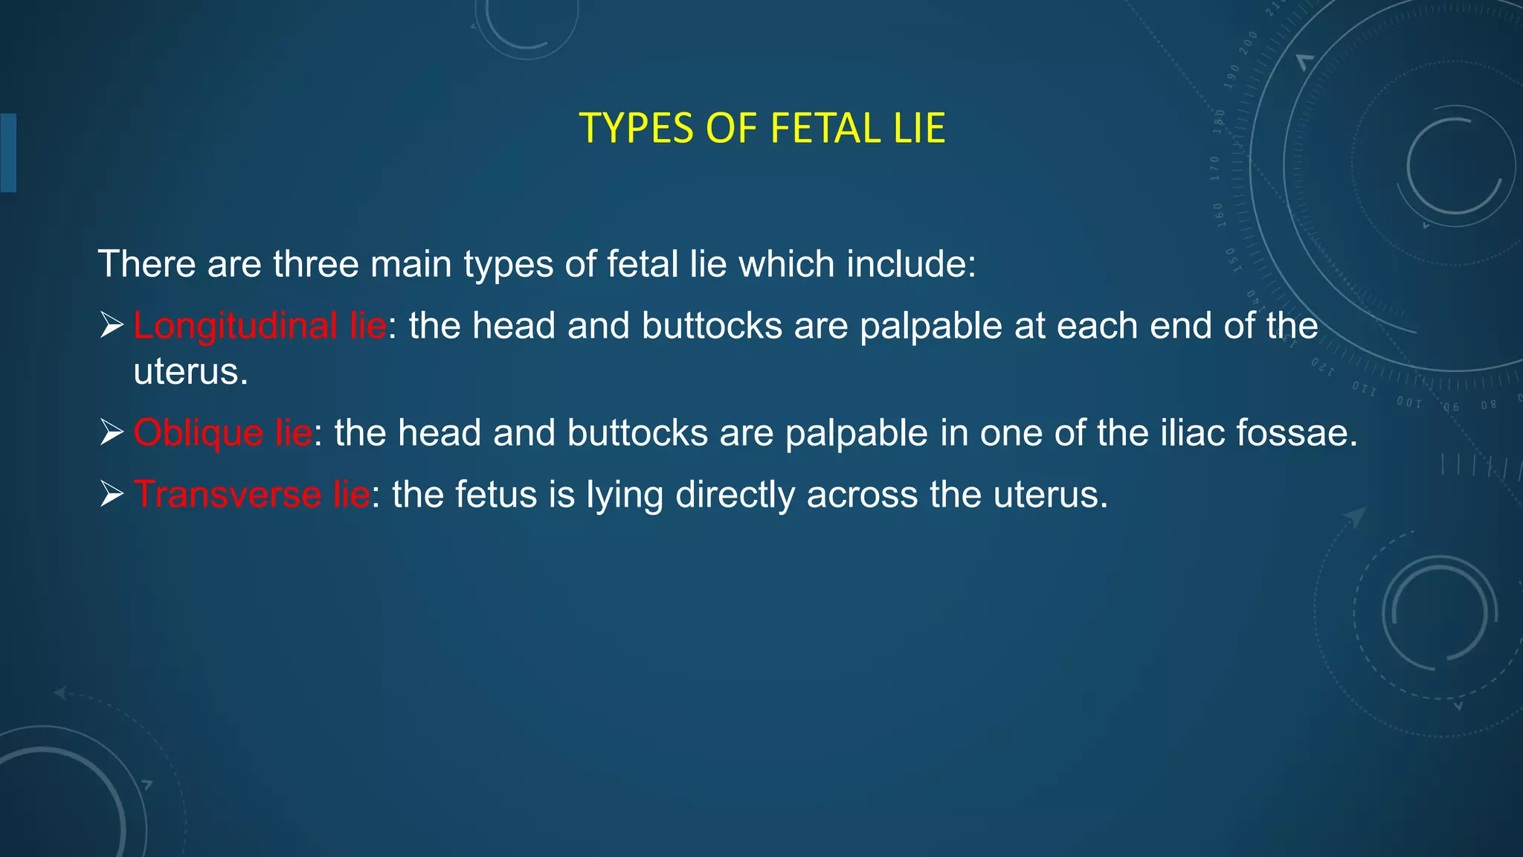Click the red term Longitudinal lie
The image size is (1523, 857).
coord(260,326)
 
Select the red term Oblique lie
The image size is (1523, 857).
coord(222,433)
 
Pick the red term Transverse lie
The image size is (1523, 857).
coord(251,495)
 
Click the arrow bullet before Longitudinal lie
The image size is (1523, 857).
coord(112,325)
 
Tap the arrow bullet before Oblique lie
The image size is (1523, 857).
coord(112,432)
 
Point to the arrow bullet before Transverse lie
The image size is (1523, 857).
coord(112,494)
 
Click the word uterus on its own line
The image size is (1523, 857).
coord(190,371)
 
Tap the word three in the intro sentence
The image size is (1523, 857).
coord(315,264)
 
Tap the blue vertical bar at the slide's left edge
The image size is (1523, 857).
coord(8,153)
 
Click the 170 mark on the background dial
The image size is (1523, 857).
coord(1215,169)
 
